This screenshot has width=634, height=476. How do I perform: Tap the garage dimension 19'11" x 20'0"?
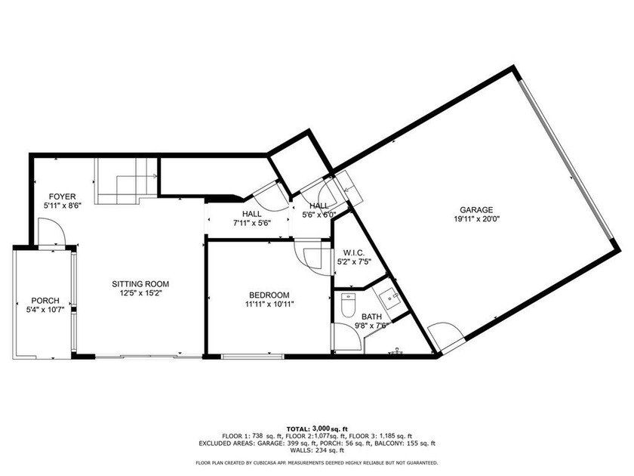coord(476,219)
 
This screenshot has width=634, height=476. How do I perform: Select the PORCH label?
coord(45,300)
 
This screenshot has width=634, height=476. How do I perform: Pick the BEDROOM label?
coord(270,295)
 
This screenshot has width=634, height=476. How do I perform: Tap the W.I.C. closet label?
coord(354,252)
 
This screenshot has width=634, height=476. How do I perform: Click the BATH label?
coord(371,317)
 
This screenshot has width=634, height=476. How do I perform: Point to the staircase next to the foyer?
coord(125,181)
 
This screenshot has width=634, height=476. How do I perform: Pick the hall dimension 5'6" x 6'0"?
coord(319,215)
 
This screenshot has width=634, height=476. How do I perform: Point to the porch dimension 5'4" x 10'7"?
coord(45,309)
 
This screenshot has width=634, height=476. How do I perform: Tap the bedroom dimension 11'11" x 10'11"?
coord(270,304)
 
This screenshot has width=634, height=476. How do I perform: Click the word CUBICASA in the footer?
coord(286,462)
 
